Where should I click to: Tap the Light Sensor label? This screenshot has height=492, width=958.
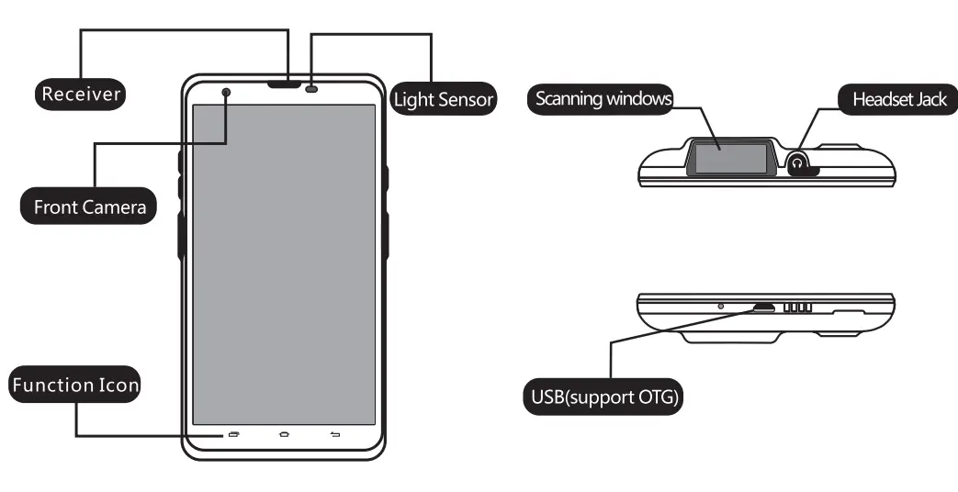pyautogui.click(x=445, y=99)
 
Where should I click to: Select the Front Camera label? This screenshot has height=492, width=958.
pyautogui.click(x=89, y=207)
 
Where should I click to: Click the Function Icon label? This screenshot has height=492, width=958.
pyautogui.click(x=75, y=386)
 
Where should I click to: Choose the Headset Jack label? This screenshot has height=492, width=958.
pyautogui.click(x=898, y=99)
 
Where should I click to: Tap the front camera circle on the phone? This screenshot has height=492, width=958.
pyautogui.click(x=226, y=92)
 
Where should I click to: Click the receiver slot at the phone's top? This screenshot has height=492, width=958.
pyautogui.click(x=287, y=86)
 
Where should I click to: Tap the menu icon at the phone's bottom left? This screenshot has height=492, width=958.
pyautogui.click(x=233, y=433)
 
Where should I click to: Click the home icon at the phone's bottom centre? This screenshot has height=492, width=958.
pyautogui.click(x=284, y=433)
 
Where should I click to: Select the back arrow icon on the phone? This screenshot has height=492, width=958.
pyautogui.click(x=334, y=433)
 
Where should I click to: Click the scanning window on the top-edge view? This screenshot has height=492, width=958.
pyautogui.click(x=731, y=158)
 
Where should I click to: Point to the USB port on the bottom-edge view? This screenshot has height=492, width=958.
pyautogui.click(x=763, y=307)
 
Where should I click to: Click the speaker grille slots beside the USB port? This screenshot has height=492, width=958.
pyautogui.click(x=797, y=307)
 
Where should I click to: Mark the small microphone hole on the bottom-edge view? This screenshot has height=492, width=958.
pyautogui.click(x=720, y=305)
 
